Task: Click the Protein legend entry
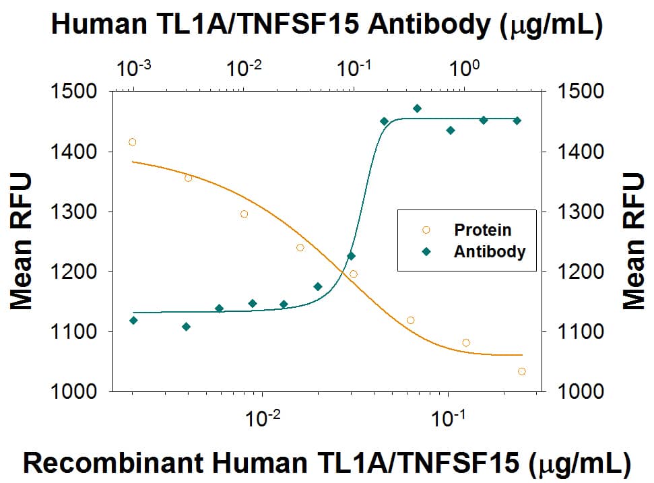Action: [x=482, y=230]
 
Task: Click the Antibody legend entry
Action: [x=489, y=252]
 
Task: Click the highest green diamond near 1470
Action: [x=417, y=108]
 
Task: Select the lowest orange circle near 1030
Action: [x=522, y=371]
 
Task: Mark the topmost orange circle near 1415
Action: [x=133, y=141]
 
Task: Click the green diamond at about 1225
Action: [x=351, y=256]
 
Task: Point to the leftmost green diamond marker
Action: [x=133, y=320]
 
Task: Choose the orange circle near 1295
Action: [x=244, y=214]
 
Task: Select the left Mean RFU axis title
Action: [x=22, y=240]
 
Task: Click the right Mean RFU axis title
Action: [x=633, y=240]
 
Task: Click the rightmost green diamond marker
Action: [x=517, y=121]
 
